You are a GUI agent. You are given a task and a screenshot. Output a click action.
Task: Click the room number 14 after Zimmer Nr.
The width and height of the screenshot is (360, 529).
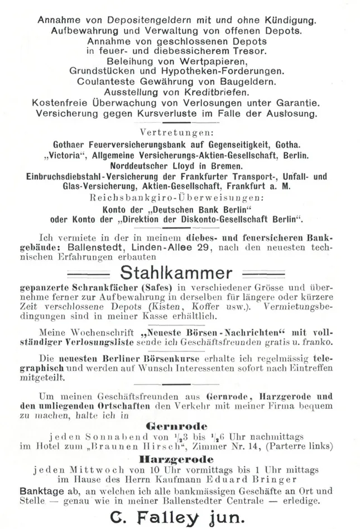point(249,447)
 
